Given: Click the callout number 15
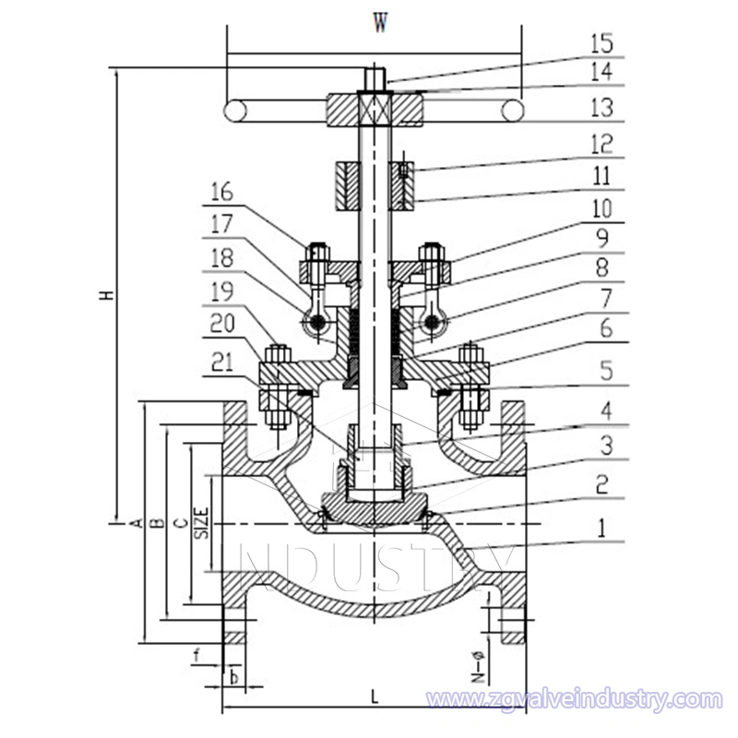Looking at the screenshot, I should click(601, 42).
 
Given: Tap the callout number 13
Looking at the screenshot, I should click(601, 109).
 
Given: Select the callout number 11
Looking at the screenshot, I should click(601, 175).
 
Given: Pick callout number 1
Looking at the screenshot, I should click(601, 529).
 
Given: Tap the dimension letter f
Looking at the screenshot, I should click(197, 659).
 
